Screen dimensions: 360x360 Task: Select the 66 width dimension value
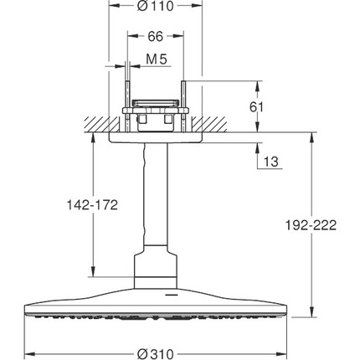tap(155, 38)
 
